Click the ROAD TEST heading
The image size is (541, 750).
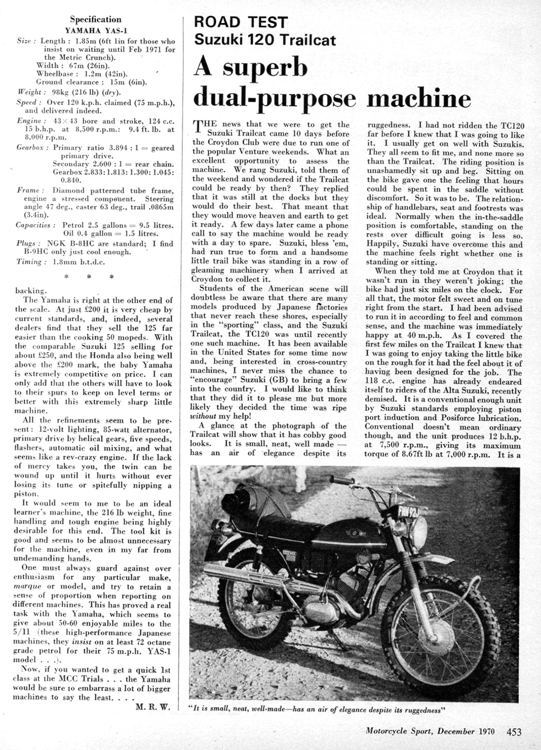point(241,22)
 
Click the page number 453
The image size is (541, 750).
point(514,732)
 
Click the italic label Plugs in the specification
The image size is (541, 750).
point(27,244)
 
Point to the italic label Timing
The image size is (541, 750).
point(29,262)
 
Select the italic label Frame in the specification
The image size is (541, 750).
point(28,191)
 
